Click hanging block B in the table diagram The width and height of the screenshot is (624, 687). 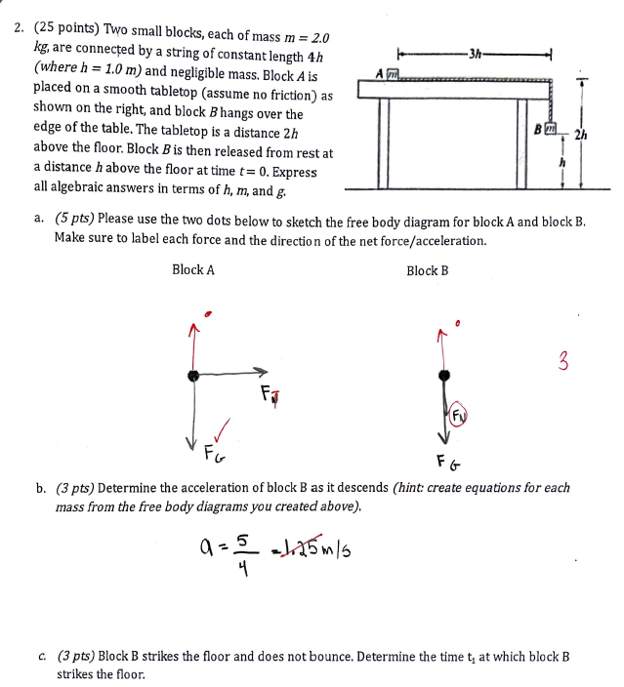click(553, 129)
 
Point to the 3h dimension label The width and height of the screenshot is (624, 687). click(473, 52)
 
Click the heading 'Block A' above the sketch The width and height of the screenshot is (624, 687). click(192, 270)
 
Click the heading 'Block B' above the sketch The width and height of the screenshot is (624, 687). click(427, 270)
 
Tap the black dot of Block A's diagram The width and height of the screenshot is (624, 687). click(194, 374)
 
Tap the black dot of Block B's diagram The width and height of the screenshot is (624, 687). click(444, 375)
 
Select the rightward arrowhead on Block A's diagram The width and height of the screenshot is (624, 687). click(261, 372)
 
